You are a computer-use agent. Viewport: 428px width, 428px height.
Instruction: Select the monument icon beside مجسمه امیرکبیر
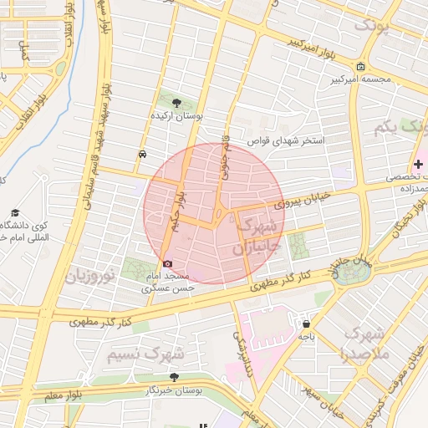[360, 67]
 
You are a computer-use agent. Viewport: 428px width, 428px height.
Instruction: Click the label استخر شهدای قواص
[290, 140]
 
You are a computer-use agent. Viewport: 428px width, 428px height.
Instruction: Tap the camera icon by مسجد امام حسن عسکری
[167, 263]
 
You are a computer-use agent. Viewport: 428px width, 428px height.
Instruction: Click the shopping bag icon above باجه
[307, 324]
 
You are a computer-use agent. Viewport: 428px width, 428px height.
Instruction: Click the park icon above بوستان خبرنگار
[175, 378]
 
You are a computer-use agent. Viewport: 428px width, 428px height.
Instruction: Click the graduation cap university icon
[15, 213]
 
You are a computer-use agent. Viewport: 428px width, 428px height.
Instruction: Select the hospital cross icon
[418, 165]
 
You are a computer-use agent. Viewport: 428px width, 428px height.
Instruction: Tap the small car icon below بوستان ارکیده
[143, 154]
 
